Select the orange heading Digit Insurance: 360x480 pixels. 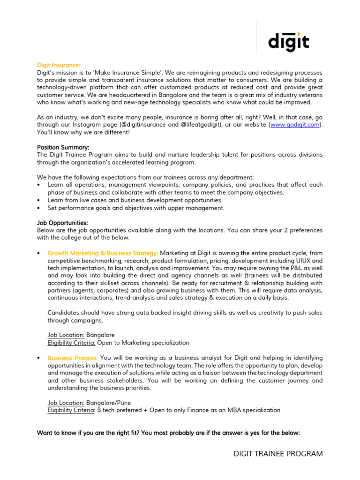point(59,65)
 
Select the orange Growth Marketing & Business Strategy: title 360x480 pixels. point(103,253)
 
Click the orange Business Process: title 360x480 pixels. point(73,358)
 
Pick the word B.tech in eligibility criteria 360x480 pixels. point(107,410)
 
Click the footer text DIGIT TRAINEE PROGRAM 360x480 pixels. point(278,454)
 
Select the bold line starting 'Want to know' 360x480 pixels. point(168,433)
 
